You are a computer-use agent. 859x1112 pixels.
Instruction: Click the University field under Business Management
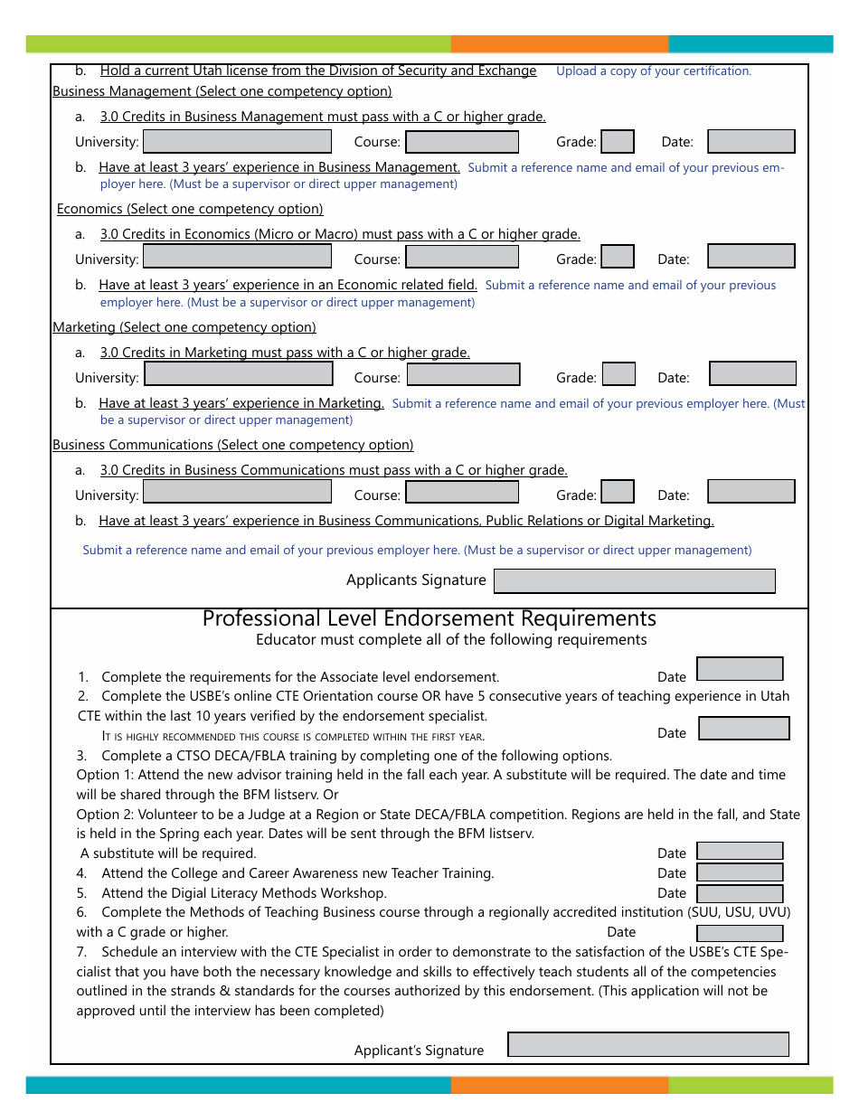(x=238, y=141)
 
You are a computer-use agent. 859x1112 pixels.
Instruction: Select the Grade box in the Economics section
(x=618, y=258)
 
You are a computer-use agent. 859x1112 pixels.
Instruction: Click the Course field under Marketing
(x=463, y=374)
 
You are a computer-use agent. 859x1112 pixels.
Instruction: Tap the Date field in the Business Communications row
(x=750, y=492)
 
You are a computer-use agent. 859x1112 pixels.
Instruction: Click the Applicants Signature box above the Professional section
(x=634, y=580)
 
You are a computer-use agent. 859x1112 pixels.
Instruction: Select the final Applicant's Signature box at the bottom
(x=647, y=1044)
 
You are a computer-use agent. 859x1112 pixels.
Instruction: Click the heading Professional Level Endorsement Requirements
(x=429, y=618)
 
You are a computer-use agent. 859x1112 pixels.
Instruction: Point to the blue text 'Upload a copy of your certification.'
(x=653, y=71)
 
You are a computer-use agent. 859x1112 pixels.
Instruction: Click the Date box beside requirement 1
(x=740, y=669)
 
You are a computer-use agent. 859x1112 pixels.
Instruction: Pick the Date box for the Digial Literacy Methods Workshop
(x=740, y=892)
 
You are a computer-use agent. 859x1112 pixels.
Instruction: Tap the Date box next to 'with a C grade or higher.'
(x=740, y=933)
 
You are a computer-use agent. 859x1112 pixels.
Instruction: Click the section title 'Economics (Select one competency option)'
(x=190, y=209)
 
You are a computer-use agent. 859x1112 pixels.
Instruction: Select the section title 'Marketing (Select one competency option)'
(x=184, y=327)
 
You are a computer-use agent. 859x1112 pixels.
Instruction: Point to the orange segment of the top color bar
(x=559, y=44)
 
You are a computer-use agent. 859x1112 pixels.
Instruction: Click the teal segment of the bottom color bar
(x=237, y=1085)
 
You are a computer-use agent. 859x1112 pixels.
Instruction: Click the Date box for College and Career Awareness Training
(x=740, y=872)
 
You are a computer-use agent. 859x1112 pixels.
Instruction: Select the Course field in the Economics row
(x=462, y=257)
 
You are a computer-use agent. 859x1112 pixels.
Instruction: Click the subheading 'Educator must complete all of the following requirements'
(x=451, y=640)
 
